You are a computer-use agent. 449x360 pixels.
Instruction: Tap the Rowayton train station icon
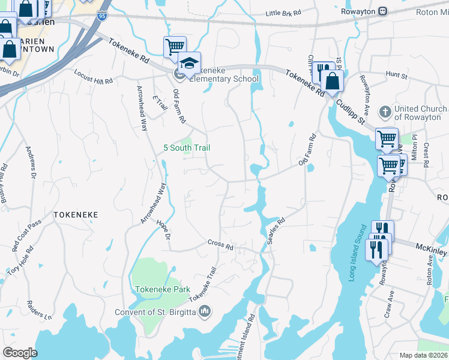click(382, 11)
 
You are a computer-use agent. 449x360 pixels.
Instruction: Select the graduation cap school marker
click(189, 63)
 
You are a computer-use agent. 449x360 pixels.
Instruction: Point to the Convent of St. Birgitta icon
click(204, 311)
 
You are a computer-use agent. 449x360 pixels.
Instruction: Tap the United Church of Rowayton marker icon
click(385, 112)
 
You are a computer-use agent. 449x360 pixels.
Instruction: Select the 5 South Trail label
click(187, 148)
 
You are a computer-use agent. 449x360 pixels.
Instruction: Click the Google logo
click(20, 353)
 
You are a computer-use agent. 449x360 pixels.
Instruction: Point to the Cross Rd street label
click(220, 244)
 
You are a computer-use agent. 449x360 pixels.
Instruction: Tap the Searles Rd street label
click(276, 230)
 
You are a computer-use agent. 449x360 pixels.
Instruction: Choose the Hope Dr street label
click(163, 231)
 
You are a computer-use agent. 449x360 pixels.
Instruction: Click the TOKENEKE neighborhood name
click(75, 214)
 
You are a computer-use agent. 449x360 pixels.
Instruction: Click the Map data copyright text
click(424, 355)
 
